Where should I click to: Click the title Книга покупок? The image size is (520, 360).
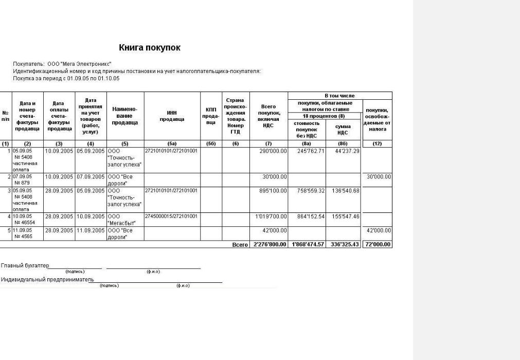click(150, 48)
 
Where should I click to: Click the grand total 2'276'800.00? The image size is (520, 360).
click(270, 244)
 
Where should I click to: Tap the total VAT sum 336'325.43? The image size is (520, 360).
click(345, 244)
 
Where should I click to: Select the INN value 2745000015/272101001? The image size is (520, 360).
click(171, 216)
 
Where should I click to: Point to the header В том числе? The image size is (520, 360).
click(339, 96)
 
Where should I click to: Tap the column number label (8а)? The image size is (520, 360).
click(307, 144)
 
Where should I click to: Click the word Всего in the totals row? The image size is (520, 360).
click(240, 245)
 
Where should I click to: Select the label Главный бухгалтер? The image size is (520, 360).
click(25, 266)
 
